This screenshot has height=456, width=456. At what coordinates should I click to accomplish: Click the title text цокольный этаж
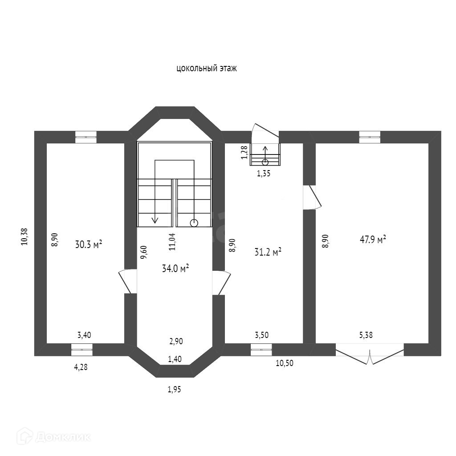click(206, 69)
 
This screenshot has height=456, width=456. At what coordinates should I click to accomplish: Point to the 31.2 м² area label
click(267, 252)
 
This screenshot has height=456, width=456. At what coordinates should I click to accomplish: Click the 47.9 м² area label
click(372, 240)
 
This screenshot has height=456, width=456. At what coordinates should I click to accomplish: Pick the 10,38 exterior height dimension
click(24, 236)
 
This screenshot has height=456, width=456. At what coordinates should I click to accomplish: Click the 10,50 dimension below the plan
click(285, 363)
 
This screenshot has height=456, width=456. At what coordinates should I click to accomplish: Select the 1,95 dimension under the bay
click(175, 390)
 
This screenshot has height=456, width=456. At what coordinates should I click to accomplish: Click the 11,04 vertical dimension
click(172, 241)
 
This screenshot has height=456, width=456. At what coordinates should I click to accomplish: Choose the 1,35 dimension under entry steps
click(264, 174)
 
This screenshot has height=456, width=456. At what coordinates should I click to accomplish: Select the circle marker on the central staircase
click(194, 223)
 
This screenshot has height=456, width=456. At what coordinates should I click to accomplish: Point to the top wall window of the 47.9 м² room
click(370, 137)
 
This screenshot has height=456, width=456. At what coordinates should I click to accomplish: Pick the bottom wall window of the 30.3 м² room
click(82, 350)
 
